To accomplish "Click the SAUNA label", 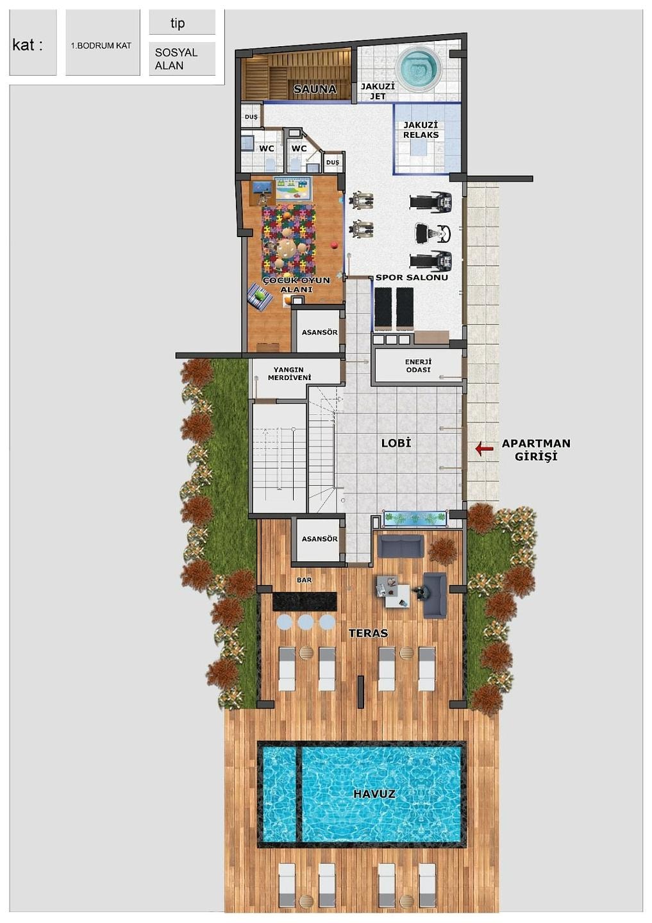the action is coord(315,88).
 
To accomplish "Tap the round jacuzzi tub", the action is coord(419,67).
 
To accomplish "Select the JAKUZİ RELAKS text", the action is coord(421,129).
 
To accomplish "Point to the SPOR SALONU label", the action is coord(412,278).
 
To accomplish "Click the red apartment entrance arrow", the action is coord(484,448).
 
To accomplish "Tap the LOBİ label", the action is coord(396,443).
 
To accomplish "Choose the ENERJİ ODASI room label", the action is coord(418,365).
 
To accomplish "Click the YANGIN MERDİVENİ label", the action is coord(289,374).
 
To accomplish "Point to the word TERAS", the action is coord(369,633).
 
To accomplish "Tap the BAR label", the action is coord(304,579).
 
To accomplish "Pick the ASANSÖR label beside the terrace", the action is coord(319,538).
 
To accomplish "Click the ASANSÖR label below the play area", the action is coord(319,332).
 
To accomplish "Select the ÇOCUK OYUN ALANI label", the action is coord(296,285).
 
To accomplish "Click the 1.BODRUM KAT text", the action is coord(101,46).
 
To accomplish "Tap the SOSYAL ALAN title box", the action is coord(182,59).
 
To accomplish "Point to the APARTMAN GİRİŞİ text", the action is coord(536,449).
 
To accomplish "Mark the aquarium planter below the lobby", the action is coord(415,519).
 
